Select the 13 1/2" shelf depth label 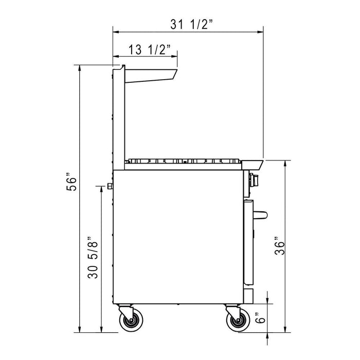pos(147,49)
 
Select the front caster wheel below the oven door pos(236,321)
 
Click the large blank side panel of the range pos(177,237)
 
